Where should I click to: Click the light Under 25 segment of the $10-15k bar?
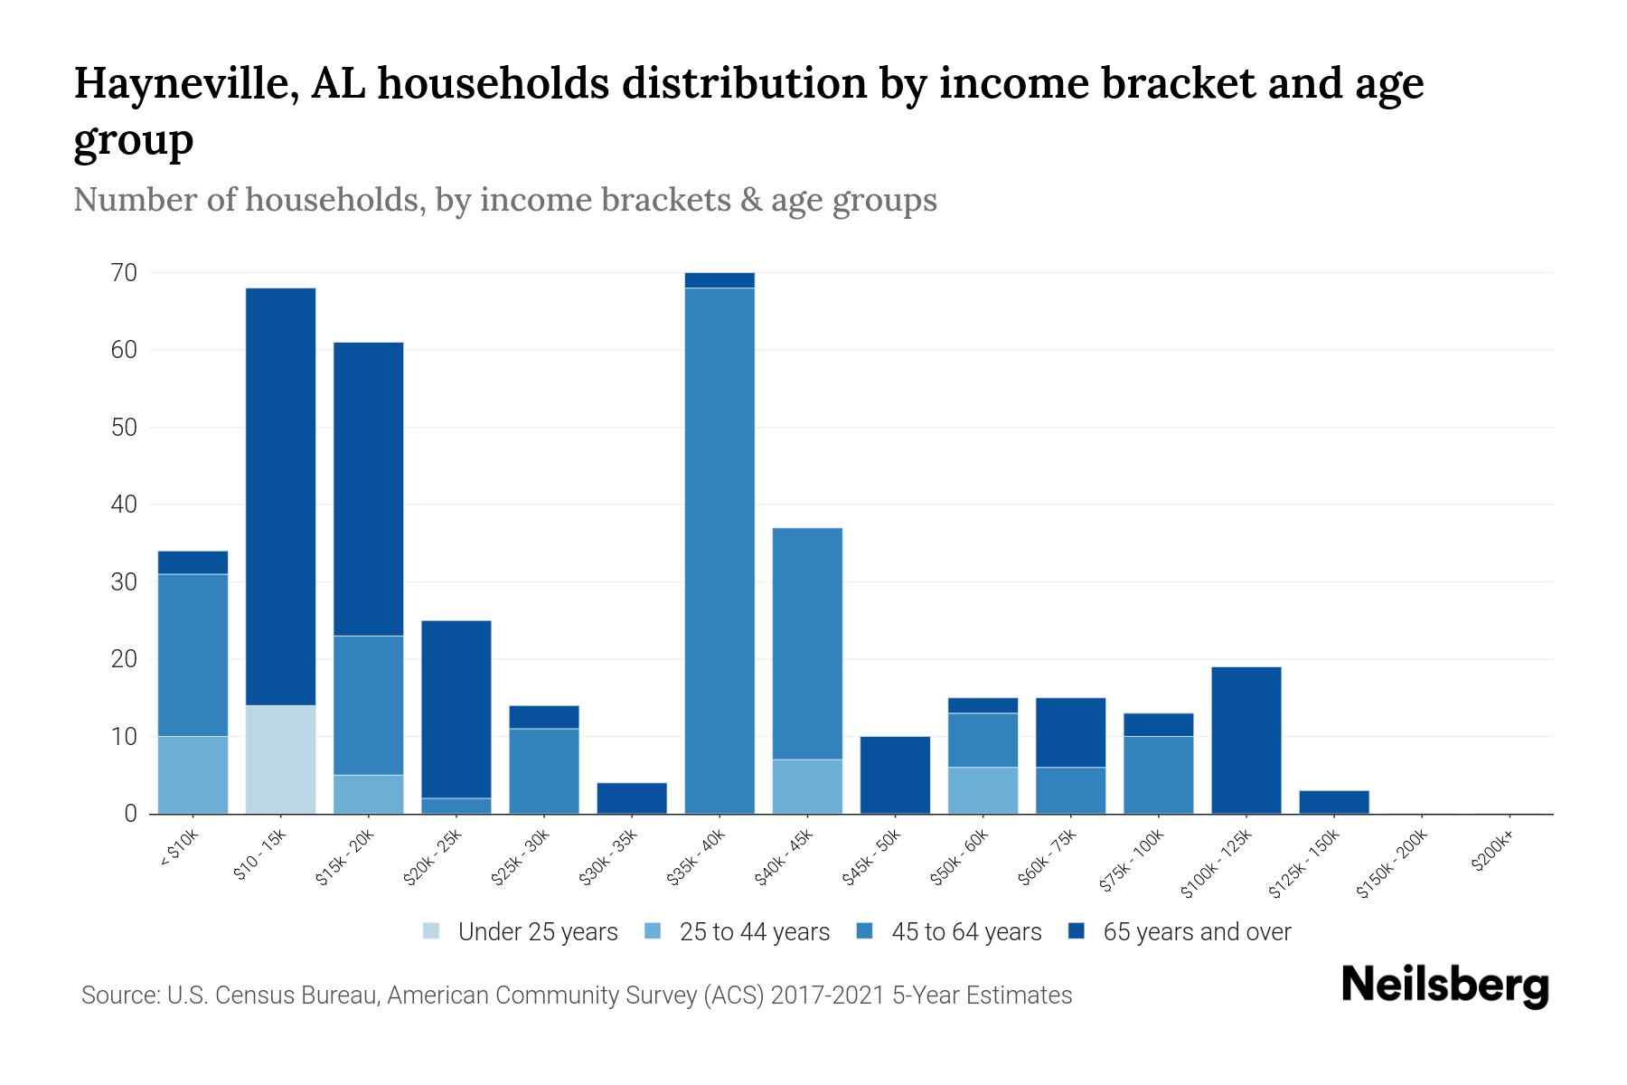pos(280,759)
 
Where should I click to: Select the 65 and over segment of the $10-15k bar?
pos(280,496)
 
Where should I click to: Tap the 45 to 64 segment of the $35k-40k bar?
pos(719,551)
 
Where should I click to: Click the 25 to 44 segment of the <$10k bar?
pos(193,775)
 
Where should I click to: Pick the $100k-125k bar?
pos(1246,741)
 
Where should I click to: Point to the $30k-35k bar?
pos(632,798)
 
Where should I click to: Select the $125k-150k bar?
pos(1334,802)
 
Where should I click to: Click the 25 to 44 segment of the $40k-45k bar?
pos(807,787)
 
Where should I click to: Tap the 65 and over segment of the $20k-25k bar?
pos(456,709)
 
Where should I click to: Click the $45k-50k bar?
pos(895,775)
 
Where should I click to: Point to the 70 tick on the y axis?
pos(124,272)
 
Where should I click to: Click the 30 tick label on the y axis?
pos(124,581)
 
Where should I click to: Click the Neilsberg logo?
pos(1444,986)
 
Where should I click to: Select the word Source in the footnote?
pos(118,995)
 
